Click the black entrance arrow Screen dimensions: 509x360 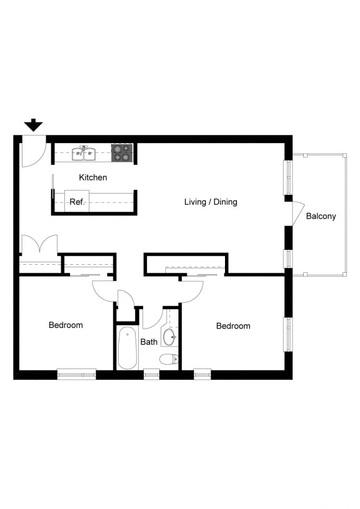click(33, 125)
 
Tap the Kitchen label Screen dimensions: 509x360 click(92, 177)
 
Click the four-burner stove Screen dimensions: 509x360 click(121, 153)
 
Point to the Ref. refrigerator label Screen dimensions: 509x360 click(76, 202)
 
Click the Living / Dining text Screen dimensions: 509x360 click(211, 202)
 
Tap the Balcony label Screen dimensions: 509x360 click(321, 216)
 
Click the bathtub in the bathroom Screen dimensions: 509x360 click(127, 348)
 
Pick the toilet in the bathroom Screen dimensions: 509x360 click(169, 359)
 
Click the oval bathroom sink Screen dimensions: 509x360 click(169, 338)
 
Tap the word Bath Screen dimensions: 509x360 click(149, 342)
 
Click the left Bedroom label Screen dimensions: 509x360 click(66, 325)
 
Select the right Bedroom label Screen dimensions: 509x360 click(233, 325)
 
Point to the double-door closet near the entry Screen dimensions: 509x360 click(39, 245)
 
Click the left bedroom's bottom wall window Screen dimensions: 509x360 click(76, 374)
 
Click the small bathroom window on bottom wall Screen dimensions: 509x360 click(151, 374)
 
